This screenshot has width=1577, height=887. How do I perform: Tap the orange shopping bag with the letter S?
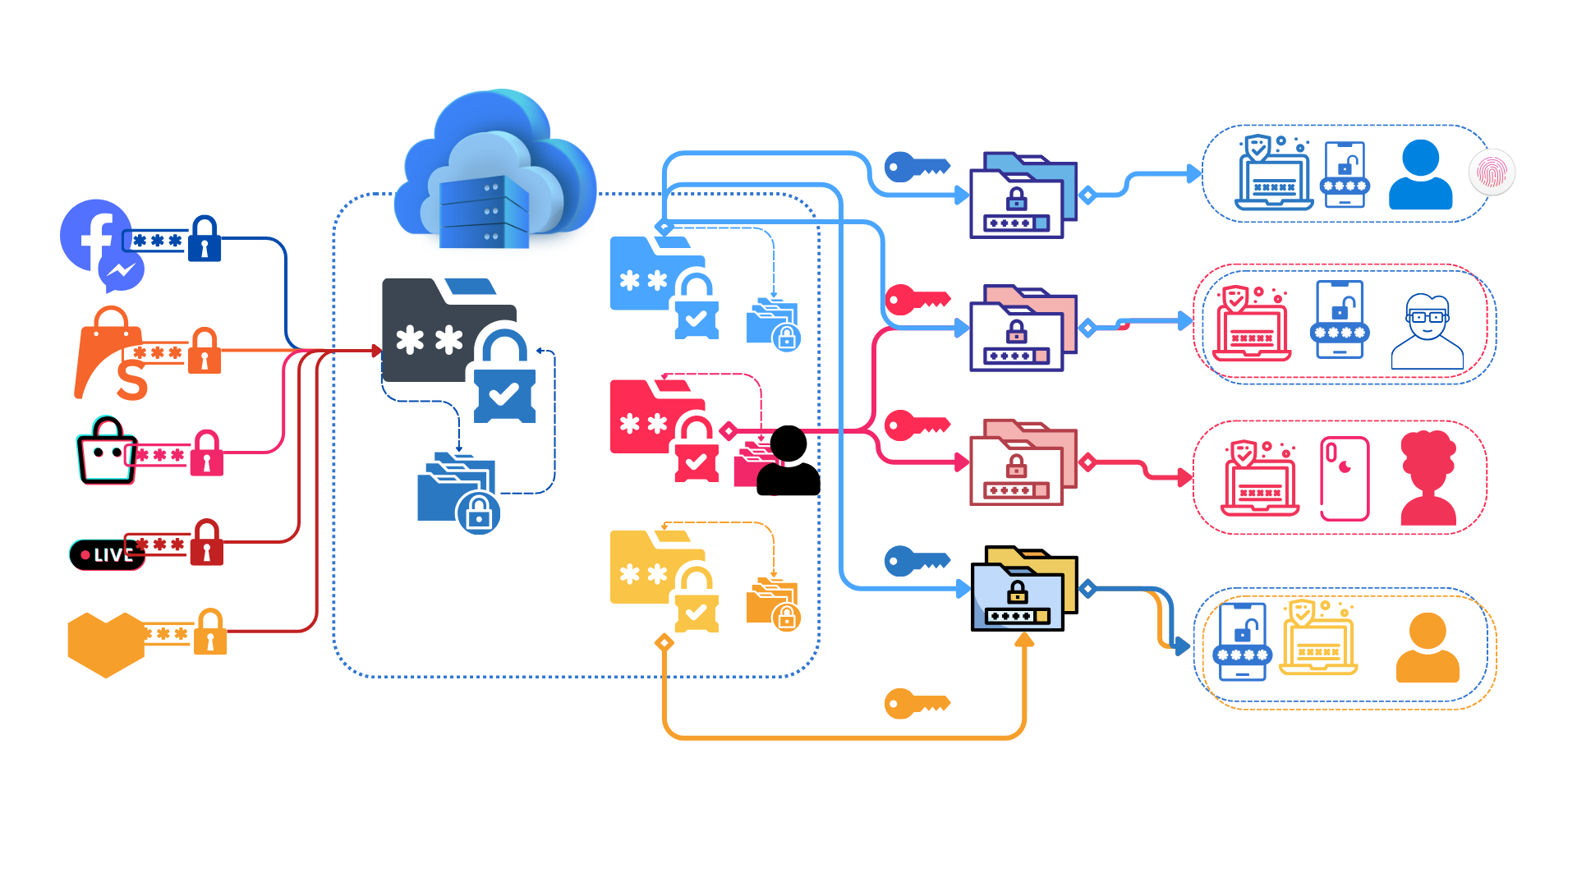point(111,355)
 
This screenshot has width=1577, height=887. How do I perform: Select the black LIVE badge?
point(105,555)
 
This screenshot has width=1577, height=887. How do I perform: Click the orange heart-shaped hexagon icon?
point(105,644)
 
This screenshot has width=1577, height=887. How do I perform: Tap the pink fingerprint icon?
point(1492,172)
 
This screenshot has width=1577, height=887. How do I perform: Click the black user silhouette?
point(788,462)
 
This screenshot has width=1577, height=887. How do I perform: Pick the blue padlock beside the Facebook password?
point(205,239)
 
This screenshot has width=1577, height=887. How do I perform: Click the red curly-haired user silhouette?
point(1428,478)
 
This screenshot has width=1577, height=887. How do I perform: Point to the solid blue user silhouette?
point(1420,175)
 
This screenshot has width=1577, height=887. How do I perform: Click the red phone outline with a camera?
point(1345,478)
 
